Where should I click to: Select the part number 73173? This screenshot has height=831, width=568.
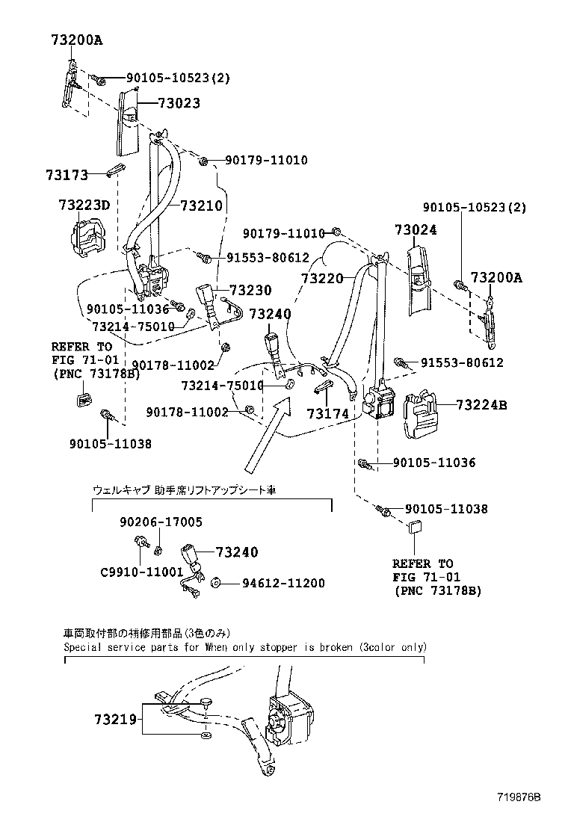(66, 175)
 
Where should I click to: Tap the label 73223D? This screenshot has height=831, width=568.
(84, 205)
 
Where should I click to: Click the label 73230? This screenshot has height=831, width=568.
(250, 290)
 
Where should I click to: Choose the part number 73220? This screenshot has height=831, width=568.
(322, 278)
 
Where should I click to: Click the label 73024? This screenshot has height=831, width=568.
(416, 230)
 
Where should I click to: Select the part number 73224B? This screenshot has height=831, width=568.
(481, 405)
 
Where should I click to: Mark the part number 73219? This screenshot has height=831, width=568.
(116, 720)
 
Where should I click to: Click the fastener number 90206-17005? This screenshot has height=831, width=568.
(161, 522)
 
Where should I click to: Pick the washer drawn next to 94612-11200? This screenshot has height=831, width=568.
(214, 583)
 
